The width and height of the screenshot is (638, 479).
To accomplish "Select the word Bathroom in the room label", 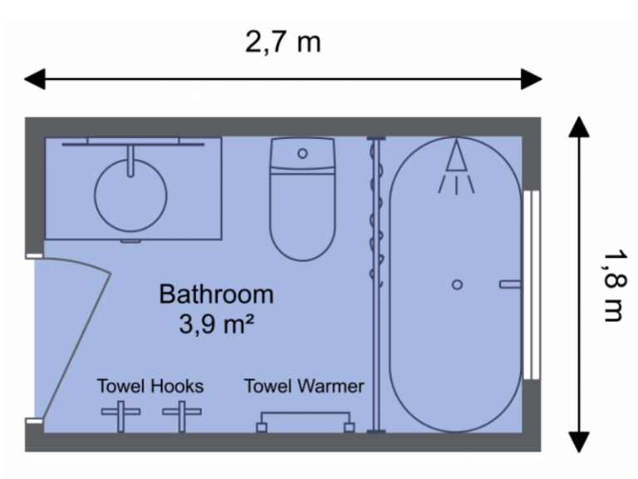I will [216, 294].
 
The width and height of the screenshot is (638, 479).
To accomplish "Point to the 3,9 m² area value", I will [216, 323].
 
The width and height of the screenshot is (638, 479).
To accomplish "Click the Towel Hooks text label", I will [150, 386].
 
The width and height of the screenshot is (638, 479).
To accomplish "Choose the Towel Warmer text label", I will [304, 386].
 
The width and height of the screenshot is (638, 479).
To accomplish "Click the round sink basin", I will [130, 195].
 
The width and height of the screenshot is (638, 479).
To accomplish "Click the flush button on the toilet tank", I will [302, 154].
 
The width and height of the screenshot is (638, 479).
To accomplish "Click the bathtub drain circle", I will [457, 284].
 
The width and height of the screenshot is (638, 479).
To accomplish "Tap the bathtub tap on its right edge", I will [509, 284].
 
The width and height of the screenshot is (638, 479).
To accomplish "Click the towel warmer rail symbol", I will [305, 420].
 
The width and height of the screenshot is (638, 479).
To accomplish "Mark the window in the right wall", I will [532, 285].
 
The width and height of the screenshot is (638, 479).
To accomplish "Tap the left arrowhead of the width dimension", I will [33, 80].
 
